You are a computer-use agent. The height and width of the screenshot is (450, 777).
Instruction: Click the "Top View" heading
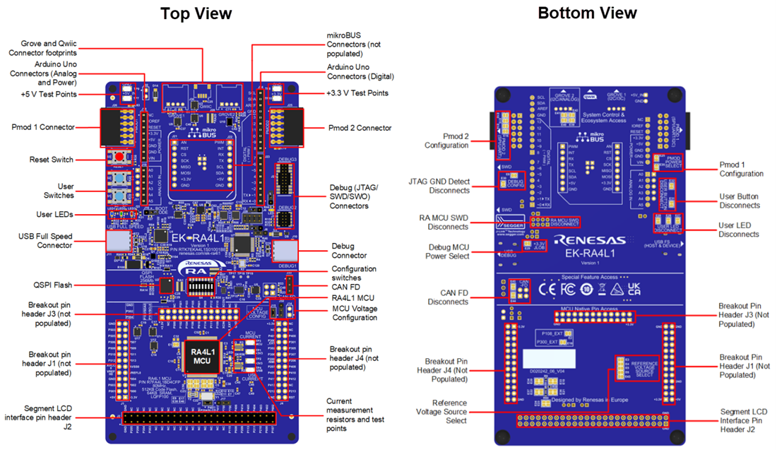(x=196, y=13)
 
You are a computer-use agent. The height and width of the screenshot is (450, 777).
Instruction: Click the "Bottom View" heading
(x=587, y=13)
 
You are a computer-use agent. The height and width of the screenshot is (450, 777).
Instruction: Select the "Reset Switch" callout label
(x=51, y=160)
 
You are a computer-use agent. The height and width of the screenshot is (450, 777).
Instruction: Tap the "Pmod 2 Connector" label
(x=360, y=128)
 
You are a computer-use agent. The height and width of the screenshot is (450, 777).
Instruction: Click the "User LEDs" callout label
(x=54, y=214)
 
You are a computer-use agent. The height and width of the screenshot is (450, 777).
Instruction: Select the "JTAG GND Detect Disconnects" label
(x=439, y=186)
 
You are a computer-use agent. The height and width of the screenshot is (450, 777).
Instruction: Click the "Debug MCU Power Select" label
(x=449, y=251)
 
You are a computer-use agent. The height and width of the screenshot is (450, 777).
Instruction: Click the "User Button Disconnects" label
(x=740, y=201)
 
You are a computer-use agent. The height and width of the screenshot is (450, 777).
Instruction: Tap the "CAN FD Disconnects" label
(x=448, y=297)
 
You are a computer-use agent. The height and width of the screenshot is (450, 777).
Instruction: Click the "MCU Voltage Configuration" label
(x=355, y=313)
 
